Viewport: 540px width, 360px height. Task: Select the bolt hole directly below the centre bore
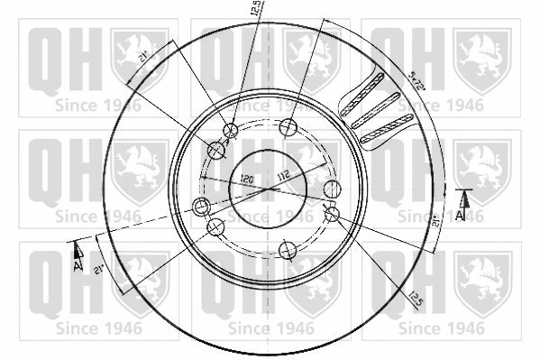coord(287,249)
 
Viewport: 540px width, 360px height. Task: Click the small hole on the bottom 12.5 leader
coord(330,215)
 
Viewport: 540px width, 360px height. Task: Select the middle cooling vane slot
coord(374,115)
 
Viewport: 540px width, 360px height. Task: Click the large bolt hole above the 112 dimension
coord(289,126)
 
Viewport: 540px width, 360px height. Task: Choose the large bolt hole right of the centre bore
coord(332,189)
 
